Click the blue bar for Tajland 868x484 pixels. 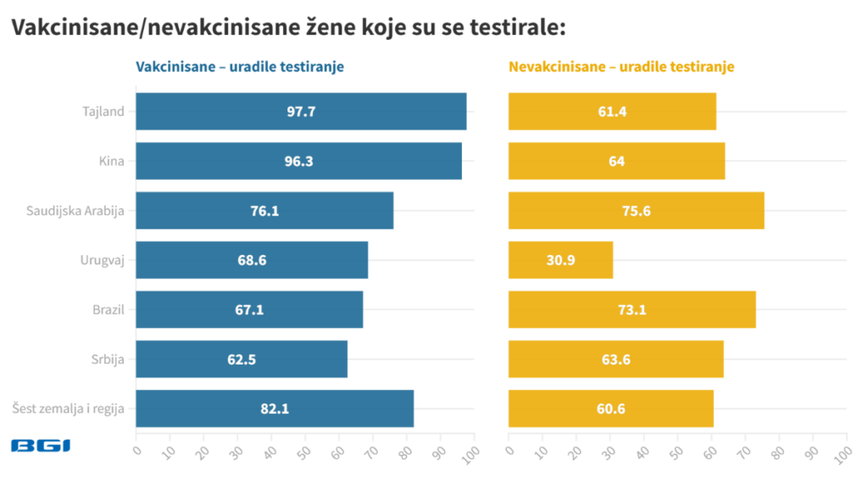coord(301,111)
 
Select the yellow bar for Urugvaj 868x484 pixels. coord(560,260)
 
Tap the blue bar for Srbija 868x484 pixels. coord(242,359)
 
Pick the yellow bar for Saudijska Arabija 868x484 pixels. coord(636,210)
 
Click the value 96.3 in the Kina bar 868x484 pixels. coord(298,161)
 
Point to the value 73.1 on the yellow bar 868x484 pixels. coord(632,310)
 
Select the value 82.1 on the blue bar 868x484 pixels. coord(275,409)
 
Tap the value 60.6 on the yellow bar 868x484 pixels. coord(610,409)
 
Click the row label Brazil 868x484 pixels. coord(108,310)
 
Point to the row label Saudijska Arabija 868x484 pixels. coord(75,211)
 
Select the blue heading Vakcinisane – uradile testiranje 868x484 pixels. coord(240,67)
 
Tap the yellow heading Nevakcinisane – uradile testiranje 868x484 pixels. coord(621,67)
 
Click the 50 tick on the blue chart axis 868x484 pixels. coord(303,450)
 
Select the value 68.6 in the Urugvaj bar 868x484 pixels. coord(252,260)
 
